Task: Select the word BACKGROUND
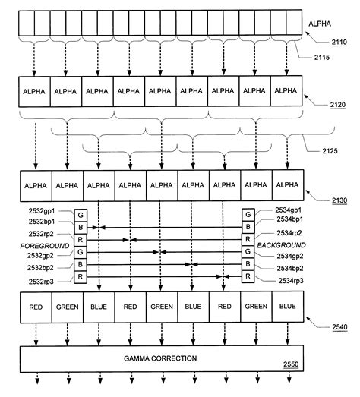(x=282, y=245)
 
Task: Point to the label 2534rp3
(x=292, y=281)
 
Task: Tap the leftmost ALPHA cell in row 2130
(x=36, y=184)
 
